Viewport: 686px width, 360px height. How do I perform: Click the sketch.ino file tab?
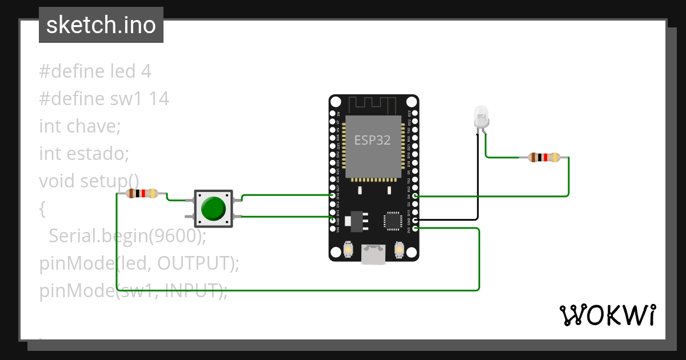point(101,25)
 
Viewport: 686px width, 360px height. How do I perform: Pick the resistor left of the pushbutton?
point(142,194)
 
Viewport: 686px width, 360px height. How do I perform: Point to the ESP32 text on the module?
point(373,140)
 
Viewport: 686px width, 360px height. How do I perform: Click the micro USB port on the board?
point(373,255)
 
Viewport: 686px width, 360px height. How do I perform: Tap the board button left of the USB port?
point(348,250)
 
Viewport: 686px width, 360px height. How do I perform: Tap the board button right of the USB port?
point(399,250)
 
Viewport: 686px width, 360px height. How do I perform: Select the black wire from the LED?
point(477,183)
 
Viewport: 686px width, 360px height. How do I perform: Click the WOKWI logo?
point(607,315)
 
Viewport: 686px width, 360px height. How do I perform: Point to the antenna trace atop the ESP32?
point(373,105)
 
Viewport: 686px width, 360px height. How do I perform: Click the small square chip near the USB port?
point(393,221)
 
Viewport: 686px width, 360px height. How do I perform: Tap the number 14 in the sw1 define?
point(159,99)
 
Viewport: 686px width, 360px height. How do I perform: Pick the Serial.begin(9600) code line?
point(127,235)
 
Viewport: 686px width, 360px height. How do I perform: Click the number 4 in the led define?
point(146,71)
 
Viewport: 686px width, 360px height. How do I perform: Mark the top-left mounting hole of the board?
point(336,102)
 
